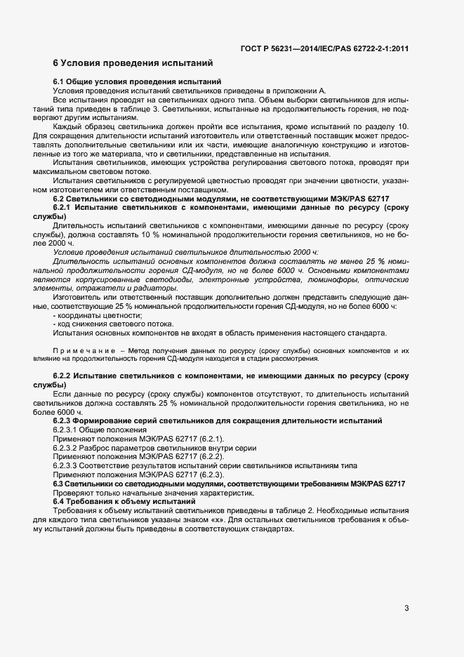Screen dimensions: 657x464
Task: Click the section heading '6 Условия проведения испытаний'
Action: click(133, 63)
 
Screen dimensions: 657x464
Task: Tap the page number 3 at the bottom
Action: click(406, 608)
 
